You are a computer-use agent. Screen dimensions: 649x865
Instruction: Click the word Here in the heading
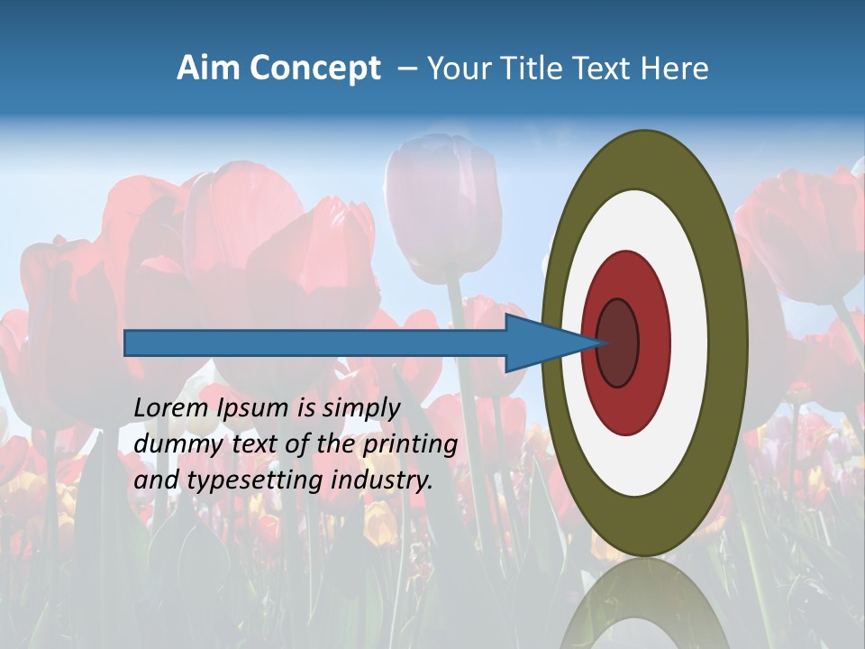click(674, 69)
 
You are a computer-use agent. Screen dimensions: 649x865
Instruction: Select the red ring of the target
click(653, 343)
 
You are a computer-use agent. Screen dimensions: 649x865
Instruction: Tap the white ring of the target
click(689, 343)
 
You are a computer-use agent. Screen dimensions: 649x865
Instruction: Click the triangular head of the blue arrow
click(541, 343)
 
